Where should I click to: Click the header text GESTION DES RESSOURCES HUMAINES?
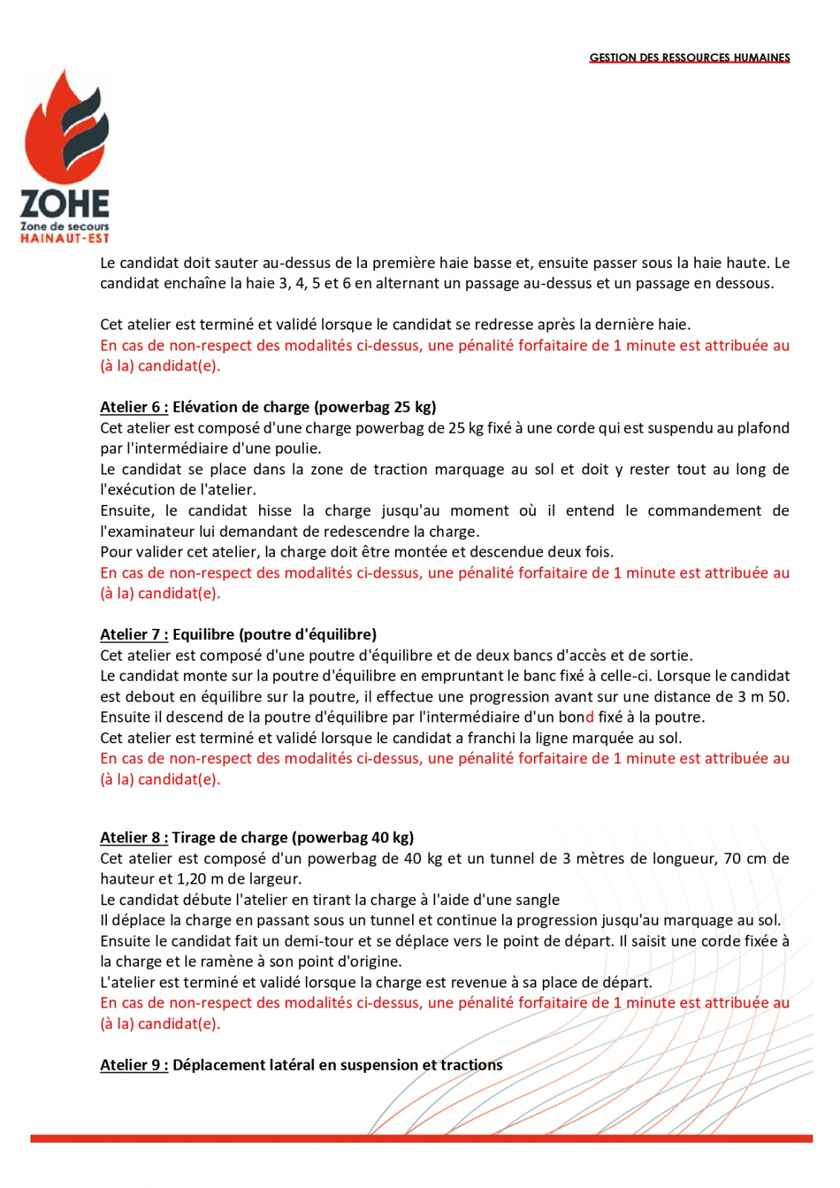689,57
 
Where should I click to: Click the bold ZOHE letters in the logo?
65,203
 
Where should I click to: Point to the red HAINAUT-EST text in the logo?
65,238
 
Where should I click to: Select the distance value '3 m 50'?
763,696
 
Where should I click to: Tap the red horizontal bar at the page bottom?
421,1138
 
